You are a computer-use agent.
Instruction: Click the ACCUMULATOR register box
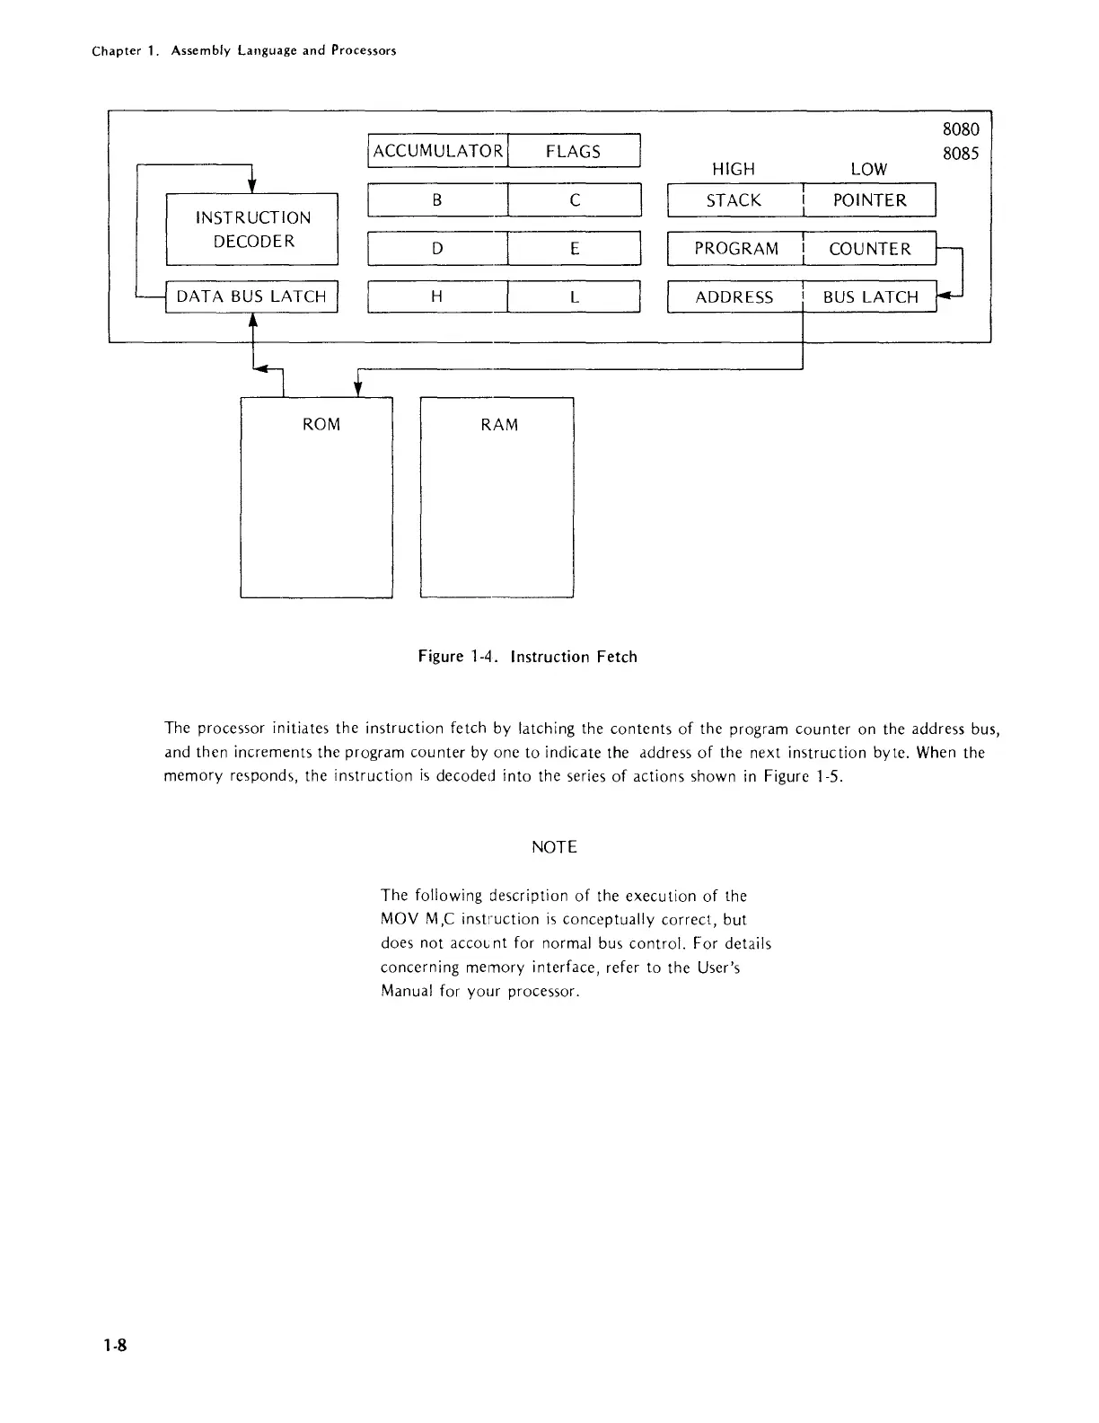click(x=438, y=151)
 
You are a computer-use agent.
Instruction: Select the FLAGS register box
click(x=573, y=151)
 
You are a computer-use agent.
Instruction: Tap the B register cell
click(x=437, y=200)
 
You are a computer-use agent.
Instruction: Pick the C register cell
click(x=574, y=200)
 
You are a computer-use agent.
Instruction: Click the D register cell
click(x=437, y=249)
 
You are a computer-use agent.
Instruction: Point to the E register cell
click(x=574, y=249)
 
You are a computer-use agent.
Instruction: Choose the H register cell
click(x=437, y=296)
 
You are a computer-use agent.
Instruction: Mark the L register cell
click(x=574, y=296)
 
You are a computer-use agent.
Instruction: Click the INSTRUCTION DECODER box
click(x=252, y=229)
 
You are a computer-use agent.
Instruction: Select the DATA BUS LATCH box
click(x=251, y=296)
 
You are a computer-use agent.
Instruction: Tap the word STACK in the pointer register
click(x=734, y=200)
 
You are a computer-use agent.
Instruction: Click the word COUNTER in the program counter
click(x=869, y=249)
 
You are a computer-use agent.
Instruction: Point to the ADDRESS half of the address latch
click(x=734, y=297)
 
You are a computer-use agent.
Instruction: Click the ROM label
click(x=321, y=424)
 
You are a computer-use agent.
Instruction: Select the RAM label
click(x=499, y=424)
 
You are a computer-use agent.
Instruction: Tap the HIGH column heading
click(x=733, y=169)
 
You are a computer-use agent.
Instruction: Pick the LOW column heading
click(x=868, y=169)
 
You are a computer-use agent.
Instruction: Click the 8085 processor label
click(x=960, y=154)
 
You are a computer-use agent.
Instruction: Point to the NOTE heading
click(x=554, y=847)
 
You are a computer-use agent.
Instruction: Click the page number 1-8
click(x=115, y=1345)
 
